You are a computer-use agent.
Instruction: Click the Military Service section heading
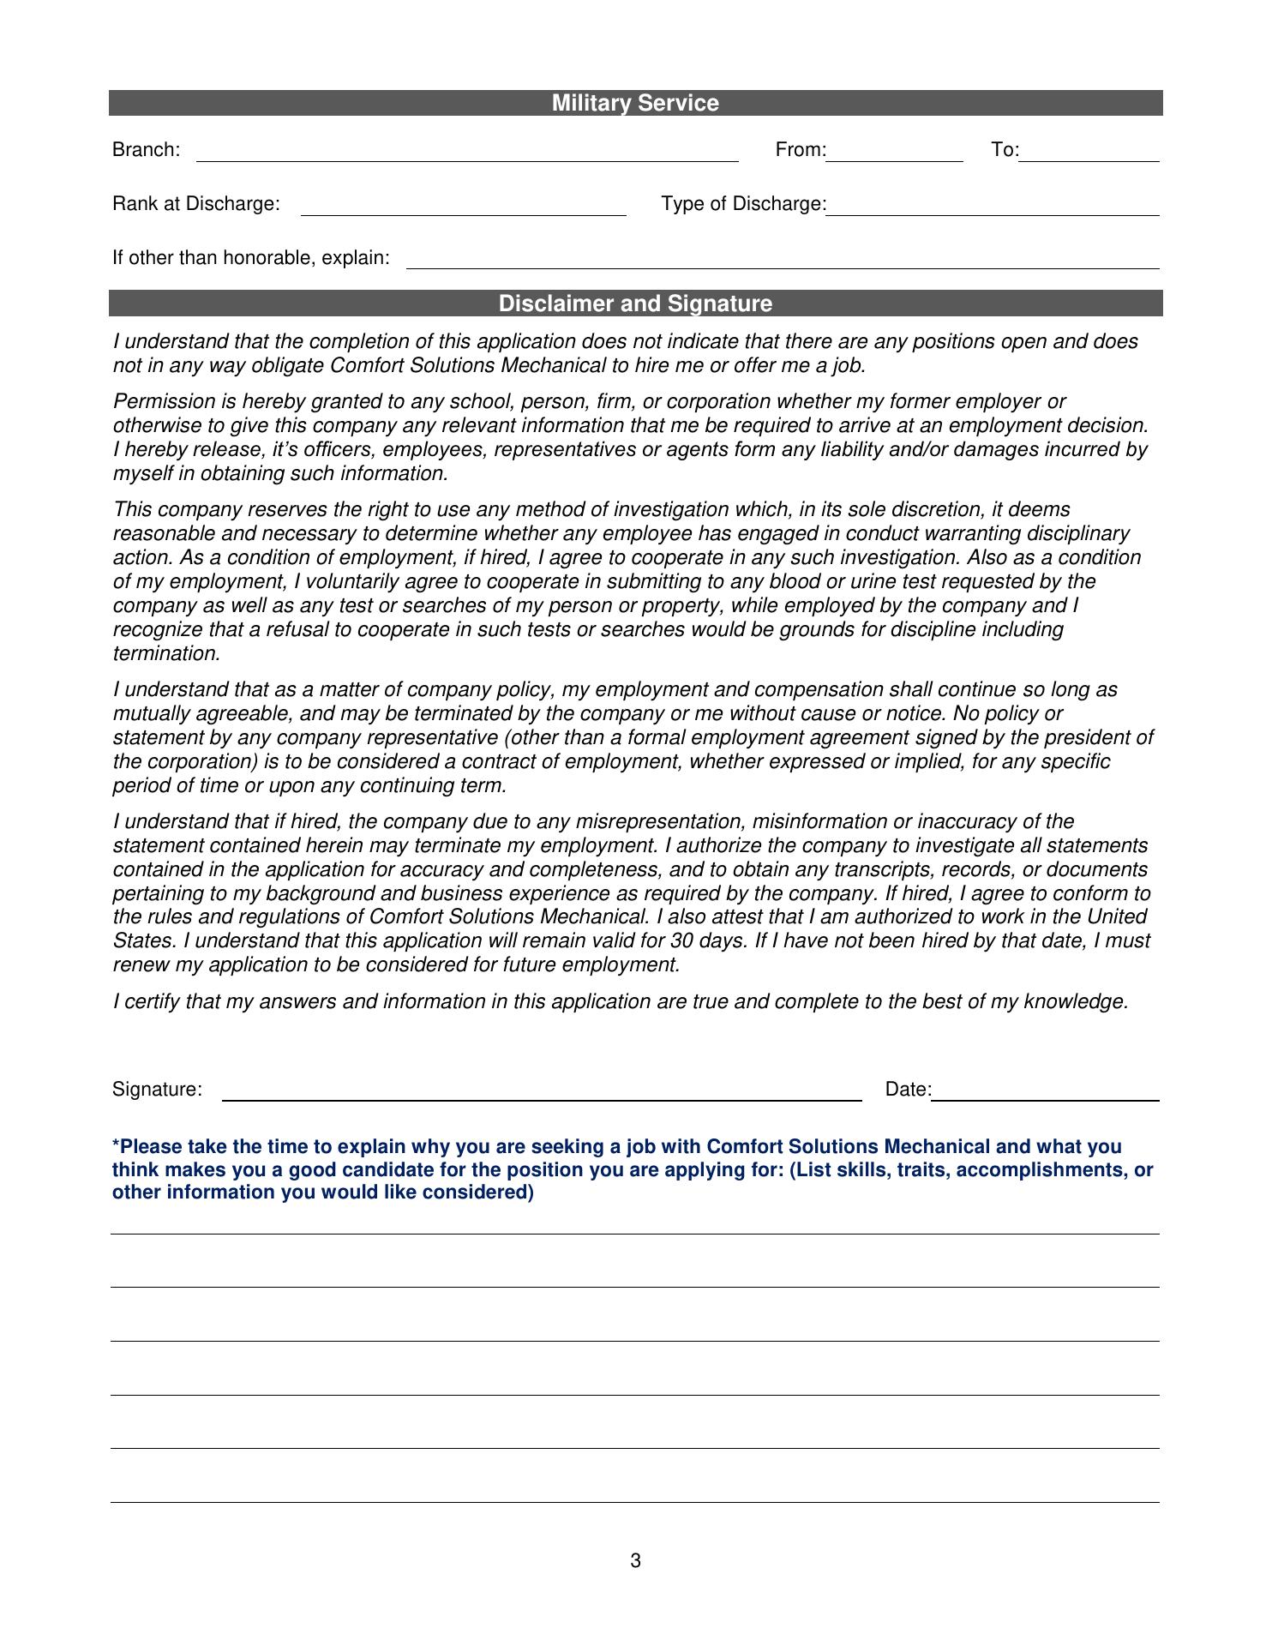635,104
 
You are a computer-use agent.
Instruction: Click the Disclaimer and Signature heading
635,304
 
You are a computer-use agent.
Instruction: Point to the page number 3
635,1561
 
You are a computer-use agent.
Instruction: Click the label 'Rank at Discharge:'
196,204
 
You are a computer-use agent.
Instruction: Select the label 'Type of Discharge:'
743,204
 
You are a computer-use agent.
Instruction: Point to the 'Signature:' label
157,1090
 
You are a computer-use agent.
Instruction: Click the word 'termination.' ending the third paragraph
167,654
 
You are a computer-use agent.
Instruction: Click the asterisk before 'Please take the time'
116,1145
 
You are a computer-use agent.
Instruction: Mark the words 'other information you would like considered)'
323,1192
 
